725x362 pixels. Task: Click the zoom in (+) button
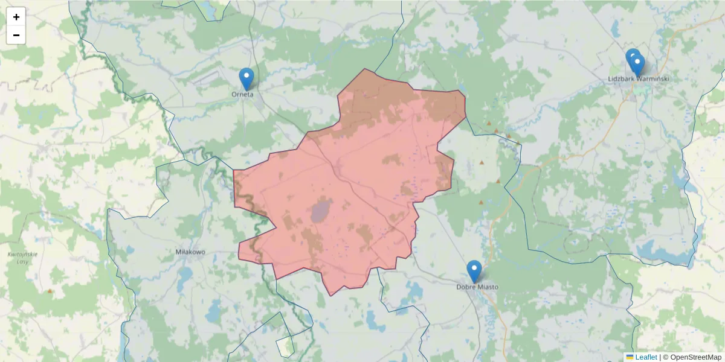[16, 17]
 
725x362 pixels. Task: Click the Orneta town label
[242, 94]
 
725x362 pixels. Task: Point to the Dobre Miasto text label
[477, 287]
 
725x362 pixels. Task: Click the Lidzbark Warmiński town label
[639, 79]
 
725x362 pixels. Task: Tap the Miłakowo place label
[190, 252]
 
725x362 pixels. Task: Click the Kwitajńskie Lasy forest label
[22, 258]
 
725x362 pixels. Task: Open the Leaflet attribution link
[646, 357]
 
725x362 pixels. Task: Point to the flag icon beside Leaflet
[630, 357]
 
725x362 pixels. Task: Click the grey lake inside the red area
[320, 211]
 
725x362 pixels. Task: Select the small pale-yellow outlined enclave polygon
[285, 346]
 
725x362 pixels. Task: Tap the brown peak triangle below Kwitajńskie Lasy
[50, 291]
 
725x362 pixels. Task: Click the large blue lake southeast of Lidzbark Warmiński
[659, 249]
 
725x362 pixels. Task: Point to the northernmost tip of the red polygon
[364, 69]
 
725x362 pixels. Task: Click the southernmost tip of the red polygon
[331, 296]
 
